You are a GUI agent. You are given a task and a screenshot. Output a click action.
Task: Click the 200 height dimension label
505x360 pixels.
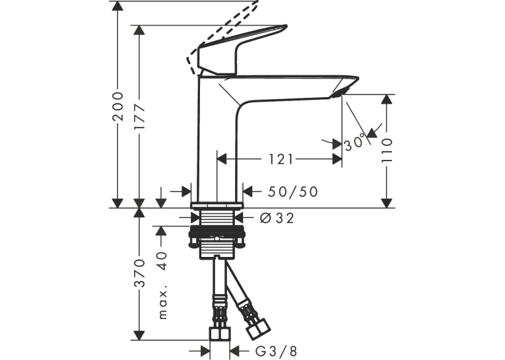pos(118,106)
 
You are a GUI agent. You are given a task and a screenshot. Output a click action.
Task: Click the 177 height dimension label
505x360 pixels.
pos(139,118)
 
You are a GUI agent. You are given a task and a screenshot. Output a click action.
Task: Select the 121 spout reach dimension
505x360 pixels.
pos(281,159)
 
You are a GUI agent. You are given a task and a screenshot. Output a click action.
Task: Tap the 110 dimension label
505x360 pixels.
pos(387,150)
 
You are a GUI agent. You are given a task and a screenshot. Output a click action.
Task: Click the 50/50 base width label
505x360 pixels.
pos(292,192)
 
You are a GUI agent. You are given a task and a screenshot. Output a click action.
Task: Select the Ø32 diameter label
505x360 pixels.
pos(277,218)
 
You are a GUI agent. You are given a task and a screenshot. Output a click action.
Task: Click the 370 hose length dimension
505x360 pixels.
pos(139,273)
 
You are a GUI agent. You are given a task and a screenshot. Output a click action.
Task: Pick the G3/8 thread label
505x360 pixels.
pos(276,351)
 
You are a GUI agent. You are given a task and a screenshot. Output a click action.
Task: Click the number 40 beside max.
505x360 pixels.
pos(164,260)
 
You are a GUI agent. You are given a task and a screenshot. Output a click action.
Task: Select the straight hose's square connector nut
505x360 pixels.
pos(220,334)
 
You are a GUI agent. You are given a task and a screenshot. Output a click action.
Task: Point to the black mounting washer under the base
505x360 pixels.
pos(217,231)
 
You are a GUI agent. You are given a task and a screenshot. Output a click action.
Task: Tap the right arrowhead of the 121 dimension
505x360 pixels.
pos(337,159)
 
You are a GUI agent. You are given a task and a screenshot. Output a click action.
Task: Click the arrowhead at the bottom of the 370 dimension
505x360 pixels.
pos(139,334)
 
